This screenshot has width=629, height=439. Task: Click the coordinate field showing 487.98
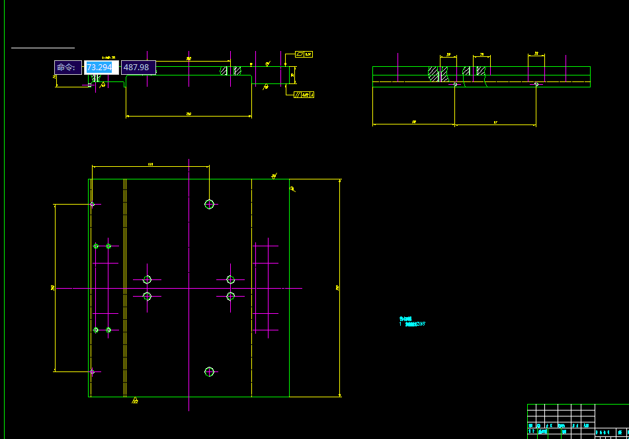[138, 68]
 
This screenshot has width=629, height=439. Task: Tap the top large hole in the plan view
[210, 204]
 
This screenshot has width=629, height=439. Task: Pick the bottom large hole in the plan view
[210, 372]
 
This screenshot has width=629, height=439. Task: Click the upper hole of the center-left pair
[147, 280]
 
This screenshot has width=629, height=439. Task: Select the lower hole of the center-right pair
[230, 296]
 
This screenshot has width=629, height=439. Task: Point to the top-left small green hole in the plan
[96, 246]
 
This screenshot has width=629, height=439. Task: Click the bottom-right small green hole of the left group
[108, 330]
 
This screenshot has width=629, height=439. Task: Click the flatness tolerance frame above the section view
[304, 54]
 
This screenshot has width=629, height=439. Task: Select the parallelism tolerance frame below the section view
[304, 95]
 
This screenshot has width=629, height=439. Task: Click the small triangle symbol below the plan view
[135, 400]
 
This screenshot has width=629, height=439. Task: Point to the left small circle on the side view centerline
[455, 84]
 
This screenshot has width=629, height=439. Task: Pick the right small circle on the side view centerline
[536, 84]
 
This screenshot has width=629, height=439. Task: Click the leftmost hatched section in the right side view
[434, 73]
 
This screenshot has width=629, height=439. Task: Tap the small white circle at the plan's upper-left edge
[92, 204]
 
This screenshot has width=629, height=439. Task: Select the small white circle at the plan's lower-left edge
[92, 372]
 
